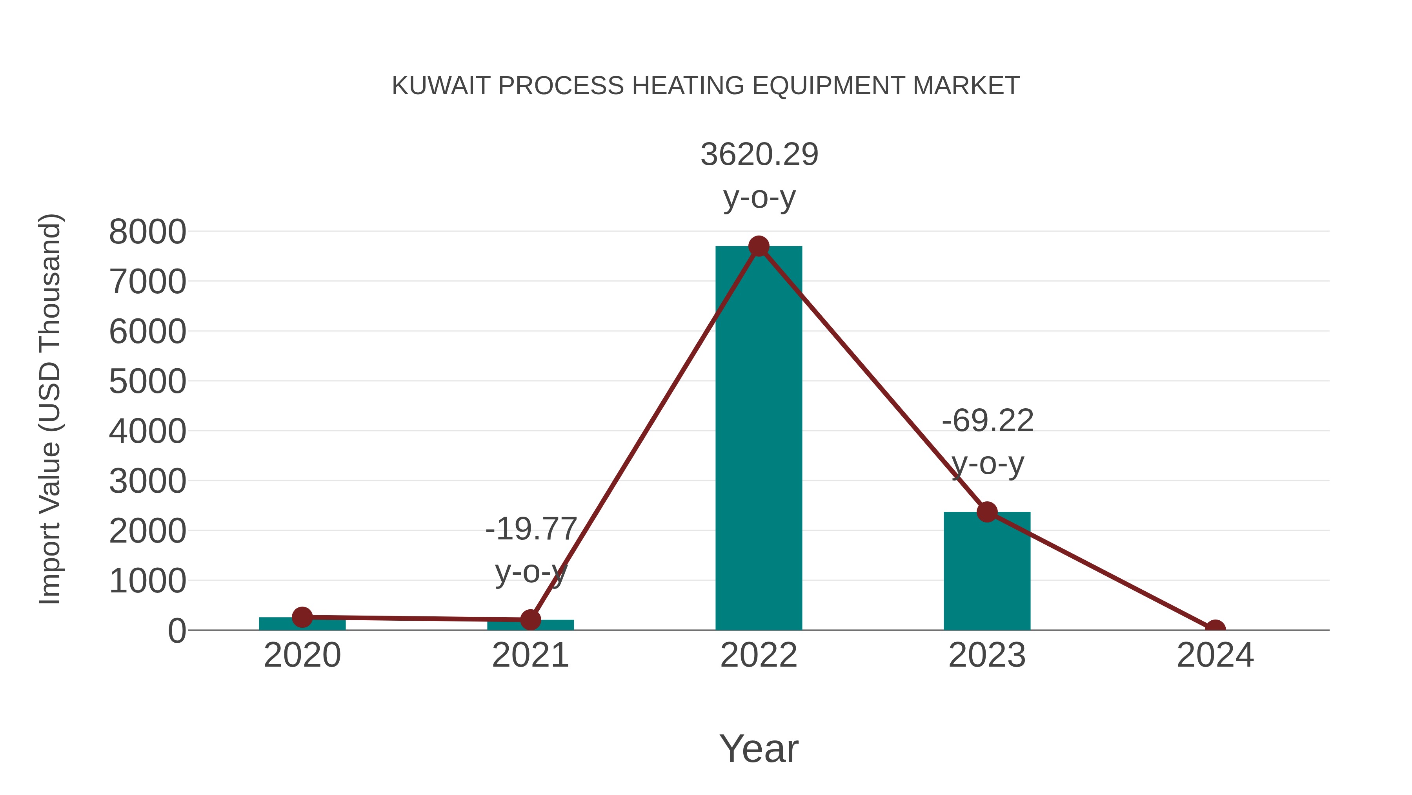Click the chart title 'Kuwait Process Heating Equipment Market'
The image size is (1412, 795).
click(x=706, y=86)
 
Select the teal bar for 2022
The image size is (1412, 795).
click(x=759, y=439)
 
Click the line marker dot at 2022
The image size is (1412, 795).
click(x=759, y=246)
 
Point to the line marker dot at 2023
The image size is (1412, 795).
click(x=987, y=512)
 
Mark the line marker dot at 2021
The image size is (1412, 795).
click(x=530, y=620)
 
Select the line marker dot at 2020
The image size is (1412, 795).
click(x=302, y=617)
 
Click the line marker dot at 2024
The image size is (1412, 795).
click(x=1215, y=629)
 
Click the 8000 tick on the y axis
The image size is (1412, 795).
click(x=147, y=232)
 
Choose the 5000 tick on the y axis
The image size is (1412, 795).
click(x=147, y=382)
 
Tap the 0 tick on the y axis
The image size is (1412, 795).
click(x=176, y=631)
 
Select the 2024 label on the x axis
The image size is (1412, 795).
click(x=1215, y=656)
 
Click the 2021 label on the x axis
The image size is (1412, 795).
click(x=530, y=656)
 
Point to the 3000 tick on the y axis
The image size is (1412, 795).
click(x=147, y=482)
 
